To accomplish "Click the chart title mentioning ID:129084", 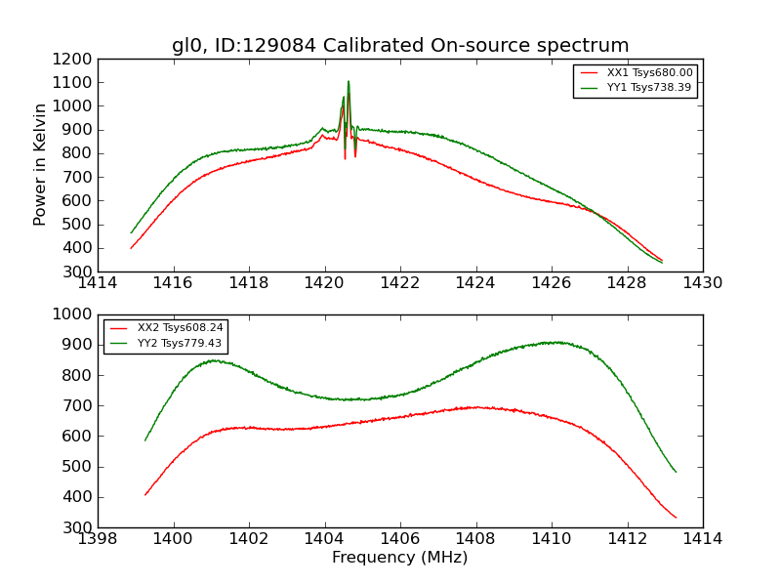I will point(400,46).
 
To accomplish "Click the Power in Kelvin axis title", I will point(40,164).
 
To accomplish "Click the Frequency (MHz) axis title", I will point(400,558).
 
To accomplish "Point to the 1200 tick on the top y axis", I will point(74,59).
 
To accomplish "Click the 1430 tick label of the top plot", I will point(702,283).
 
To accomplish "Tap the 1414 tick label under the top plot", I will point(98,283).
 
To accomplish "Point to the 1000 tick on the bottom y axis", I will point(74,314).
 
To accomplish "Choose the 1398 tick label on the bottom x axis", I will point(98,539).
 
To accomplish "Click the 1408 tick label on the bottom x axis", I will point(475,539).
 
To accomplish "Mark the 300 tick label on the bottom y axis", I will point(78,527).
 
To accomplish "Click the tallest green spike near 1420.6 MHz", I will point(349,82).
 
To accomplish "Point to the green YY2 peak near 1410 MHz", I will point(553,342).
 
